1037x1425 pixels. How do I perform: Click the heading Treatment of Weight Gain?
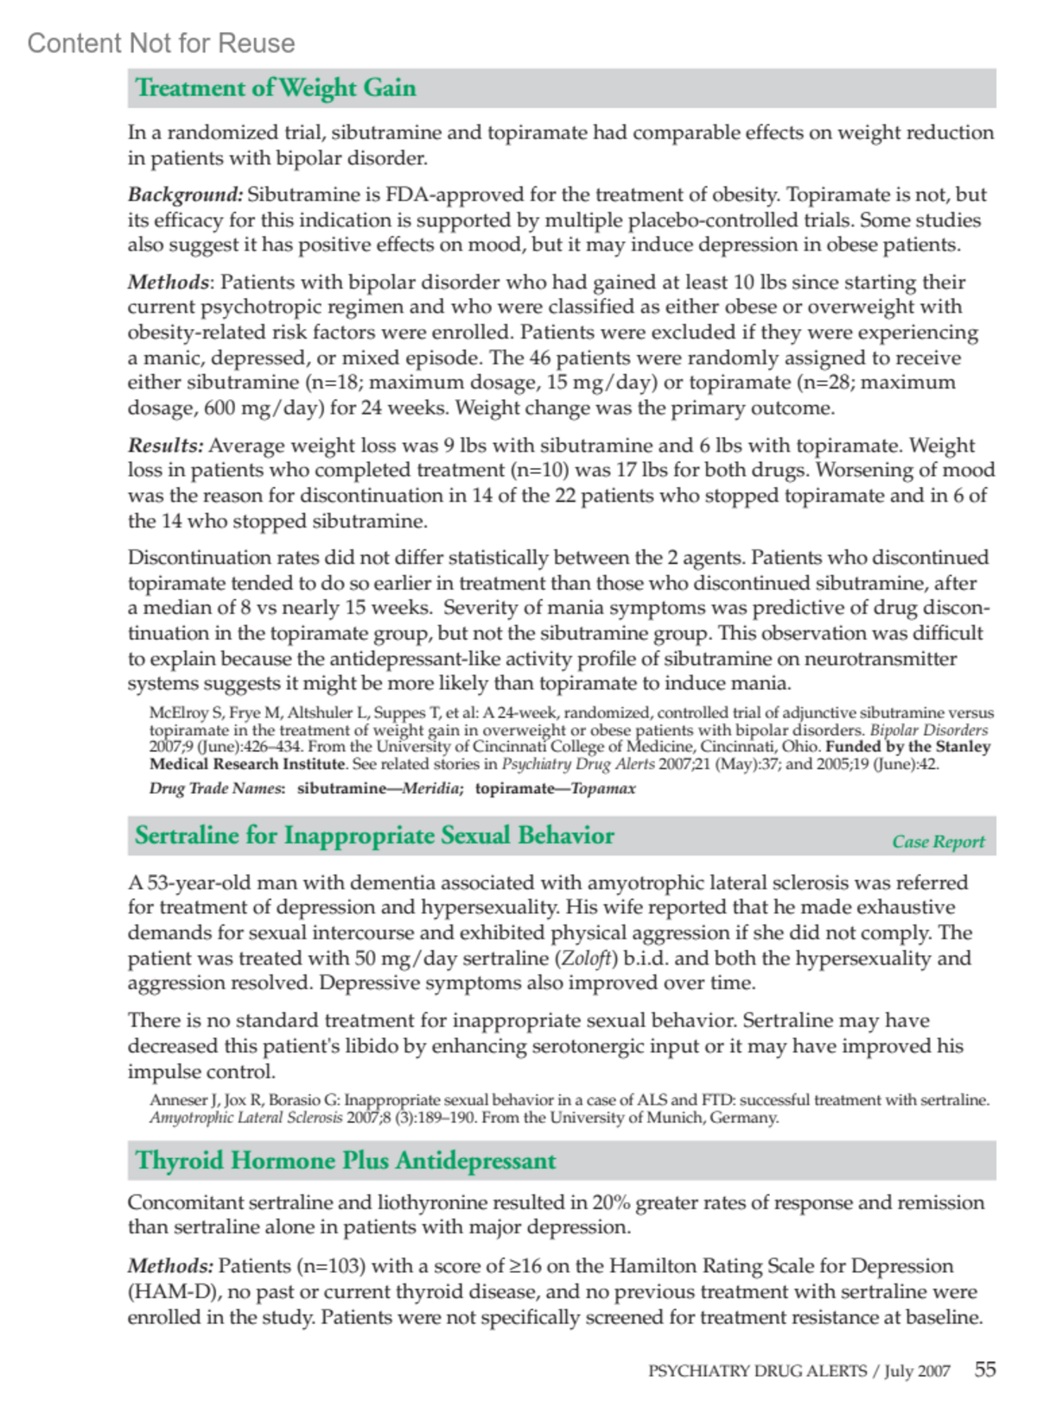click(276, 88)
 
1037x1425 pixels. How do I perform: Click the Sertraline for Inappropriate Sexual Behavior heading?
click(374, 835)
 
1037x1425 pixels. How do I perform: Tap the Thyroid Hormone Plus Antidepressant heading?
click(346, 1160)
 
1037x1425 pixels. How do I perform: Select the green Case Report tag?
click(938, 841)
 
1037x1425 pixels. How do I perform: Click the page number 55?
click(985, 1369)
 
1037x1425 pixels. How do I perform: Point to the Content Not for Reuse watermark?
click(161, 43)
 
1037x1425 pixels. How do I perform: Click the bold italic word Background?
click(185, 194)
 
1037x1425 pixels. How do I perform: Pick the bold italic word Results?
click(165, 445)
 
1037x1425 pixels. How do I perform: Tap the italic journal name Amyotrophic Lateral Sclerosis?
click(245, 1117)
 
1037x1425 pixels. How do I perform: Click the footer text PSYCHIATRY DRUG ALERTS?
click(757, 1371)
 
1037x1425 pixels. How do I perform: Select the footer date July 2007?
click(917, 1371)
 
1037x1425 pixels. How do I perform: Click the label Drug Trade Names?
click(216, 788)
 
